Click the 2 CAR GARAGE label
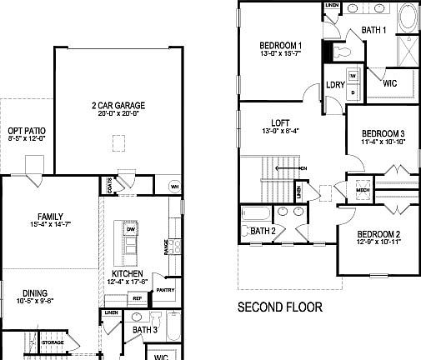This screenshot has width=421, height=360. click(119, 106)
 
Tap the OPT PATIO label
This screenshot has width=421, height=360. click(26, 131)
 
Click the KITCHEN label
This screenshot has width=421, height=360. click(128, 274)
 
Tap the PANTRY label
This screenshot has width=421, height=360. click(165, 289)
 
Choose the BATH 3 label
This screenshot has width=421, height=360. click(144, 330)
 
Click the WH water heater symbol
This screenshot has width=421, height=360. click(173, 186)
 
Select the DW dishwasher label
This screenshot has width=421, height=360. click(131, 228)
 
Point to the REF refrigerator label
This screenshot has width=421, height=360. click(137, 297)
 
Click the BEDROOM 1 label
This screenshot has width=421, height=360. click(280, 46)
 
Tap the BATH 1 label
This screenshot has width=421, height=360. click(373, 30)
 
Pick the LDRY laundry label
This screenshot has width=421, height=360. click(336, 84)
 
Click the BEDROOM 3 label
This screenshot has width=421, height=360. click(383, 134)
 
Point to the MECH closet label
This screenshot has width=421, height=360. click(363, 189)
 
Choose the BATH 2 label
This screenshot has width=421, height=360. click(263, 231)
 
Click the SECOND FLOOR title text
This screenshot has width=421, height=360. click(280, 307)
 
